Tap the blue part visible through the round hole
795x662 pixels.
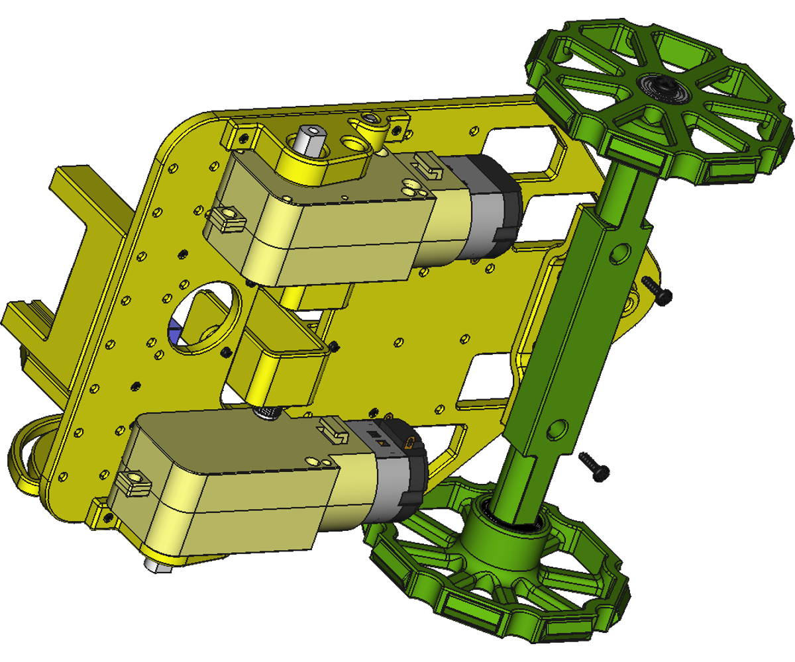[175, 332]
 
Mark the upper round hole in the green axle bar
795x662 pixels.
[620, 252]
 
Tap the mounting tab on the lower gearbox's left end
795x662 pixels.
[132, 481]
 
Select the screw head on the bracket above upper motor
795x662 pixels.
[371, 119]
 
